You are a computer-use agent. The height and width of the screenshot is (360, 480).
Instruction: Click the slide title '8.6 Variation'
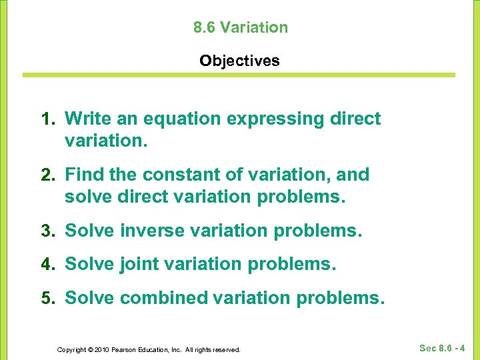(240, 27)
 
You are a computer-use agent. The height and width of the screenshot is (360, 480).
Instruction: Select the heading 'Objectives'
(240, 61)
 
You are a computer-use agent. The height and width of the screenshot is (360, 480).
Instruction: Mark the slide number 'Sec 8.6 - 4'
(442, 348)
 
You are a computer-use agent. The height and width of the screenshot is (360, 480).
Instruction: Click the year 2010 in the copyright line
(102, 349)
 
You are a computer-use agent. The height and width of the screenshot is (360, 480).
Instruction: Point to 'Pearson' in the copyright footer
(126, 349)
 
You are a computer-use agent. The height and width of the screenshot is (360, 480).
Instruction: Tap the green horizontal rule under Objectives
(240, 75)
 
